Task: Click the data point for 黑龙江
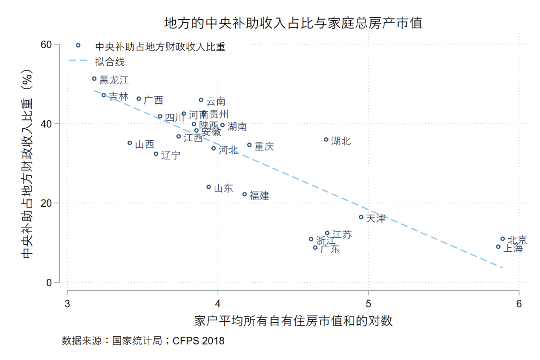point(94,79)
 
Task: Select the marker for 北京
point(503,239)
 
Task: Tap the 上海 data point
point(498,247)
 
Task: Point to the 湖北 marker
point(326,140)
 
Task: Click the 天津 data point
point(361,217)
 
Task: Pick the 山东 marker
point(209,187)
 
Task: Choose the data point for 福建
point(245,194)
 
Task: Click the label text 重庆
point(264,147)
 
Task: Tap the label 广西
point(153,100)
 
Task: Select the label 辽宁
point(171,155)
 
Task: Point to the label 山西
point(145,145)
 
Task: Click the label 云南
point(216,102)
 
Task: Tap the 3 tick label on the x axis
point(67,304)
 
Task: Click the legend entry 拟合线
point(109,62)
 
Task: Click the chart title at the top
point(293,23)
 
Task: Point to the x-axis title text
point(293,321)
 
